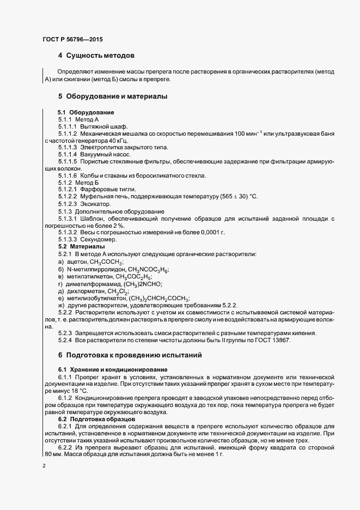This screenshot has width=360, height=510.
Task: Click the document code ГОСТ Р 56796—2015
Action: point(72,40)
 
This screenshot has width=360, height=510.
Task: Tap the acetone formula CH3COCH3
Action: point(107,262)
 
